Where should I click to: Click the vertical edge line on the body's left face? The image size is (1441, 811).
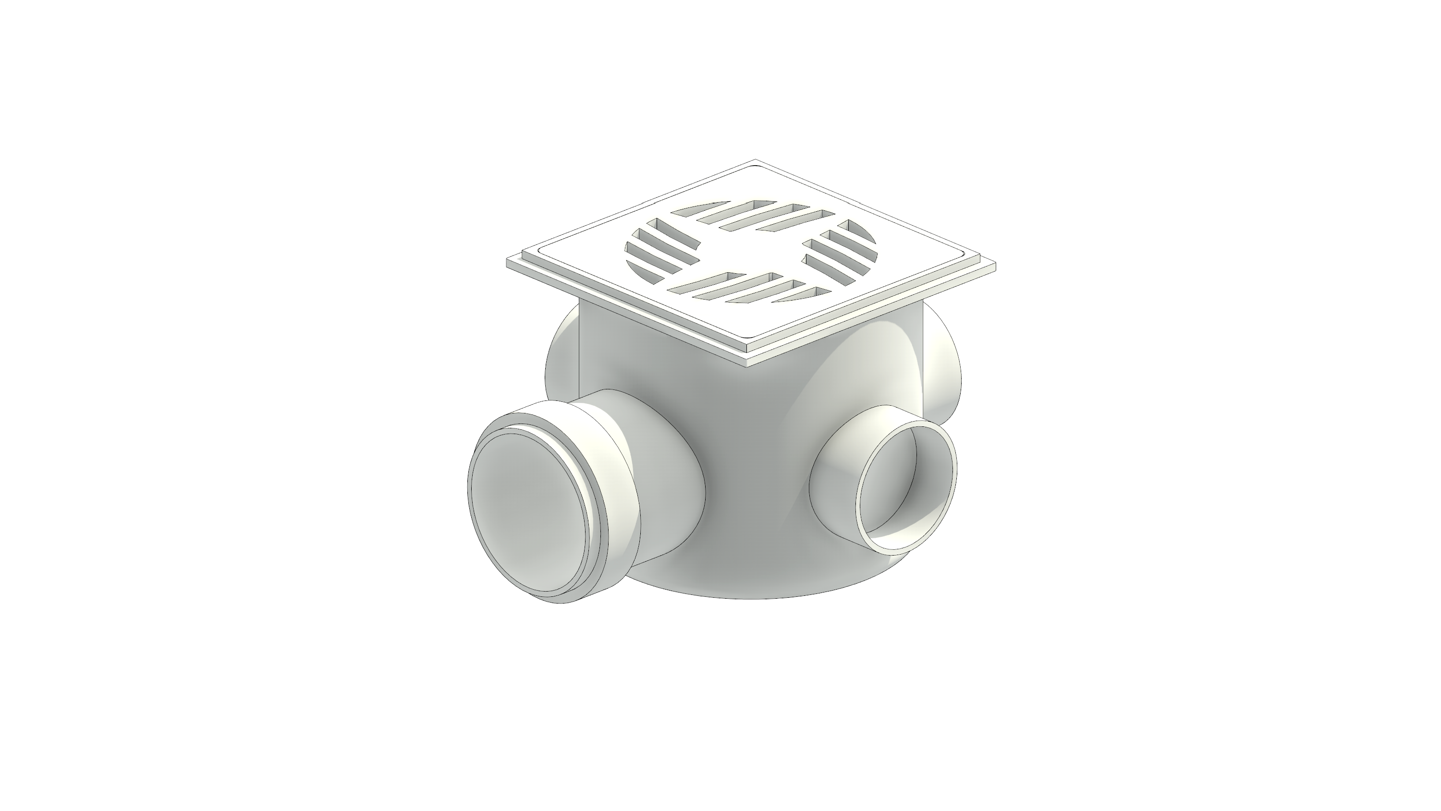click(580, 347)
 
